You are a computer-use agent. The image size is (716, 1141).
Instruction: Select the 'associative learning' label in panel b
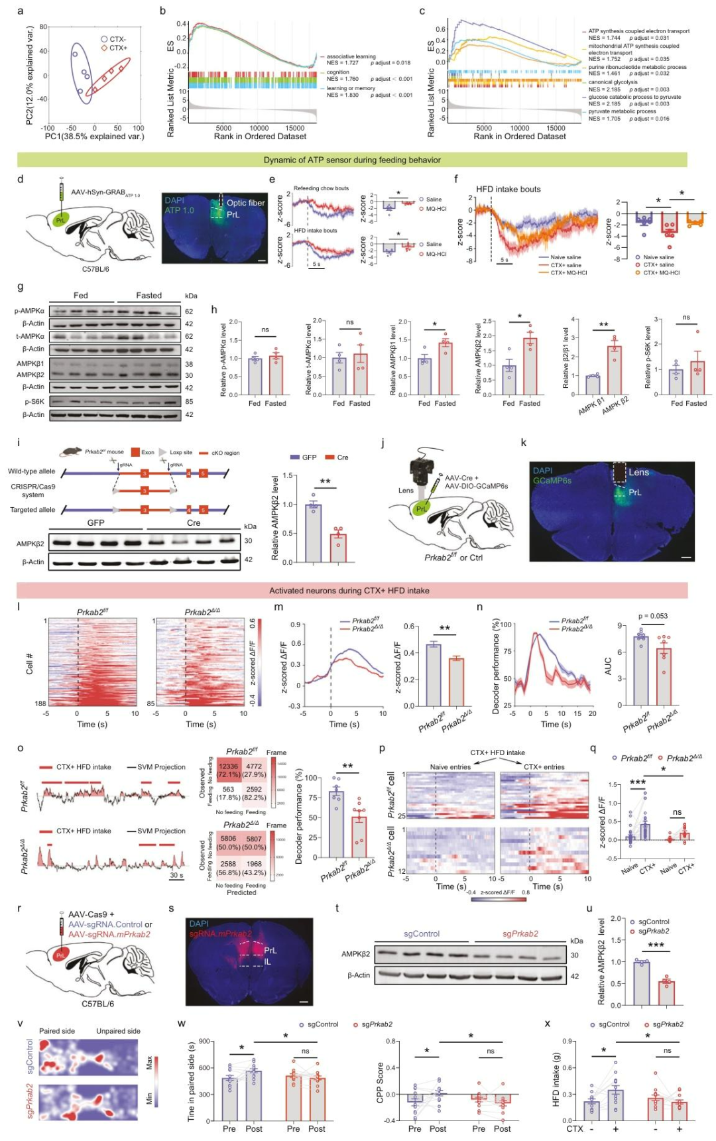click(x=351, y=56)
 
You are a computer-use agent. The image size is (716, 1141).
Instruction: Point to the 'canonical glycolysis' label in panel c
click(x=613, y=82)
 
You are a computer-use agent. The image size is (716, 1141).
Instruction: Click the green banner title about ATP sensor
click(x=352, y=160)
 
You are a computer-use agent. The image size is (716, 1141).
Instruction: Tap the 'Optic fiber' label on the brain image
click(x=245, y=203)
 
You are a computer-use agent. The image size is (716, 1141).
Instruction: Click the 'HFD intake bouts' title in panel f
click(x=508, y=189)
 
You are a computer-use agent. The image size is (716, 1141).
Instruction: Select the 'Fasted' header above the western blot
click(x=149, y=296)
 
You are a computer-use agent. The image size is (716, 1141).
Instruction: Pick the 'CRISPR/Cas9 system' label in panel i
click(x=32, y=491)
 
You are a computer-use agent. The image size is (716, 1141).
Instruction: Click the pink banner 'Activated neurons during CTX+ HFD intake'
click(x=349, y=591)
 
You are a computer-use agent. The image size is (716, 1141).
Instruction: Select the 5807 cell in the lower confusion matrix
click(x=254, y=839)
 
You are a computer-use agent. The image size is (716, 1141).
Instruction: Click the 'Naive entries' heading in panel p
click(x=450, y=767)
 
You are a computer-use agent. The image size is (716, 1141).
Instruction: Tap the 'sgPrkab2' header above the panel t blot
click(x=520, y=934)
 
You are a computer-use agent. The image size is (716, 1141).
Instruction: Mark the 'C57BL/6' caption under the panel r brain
click(x=97, y=1004)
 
